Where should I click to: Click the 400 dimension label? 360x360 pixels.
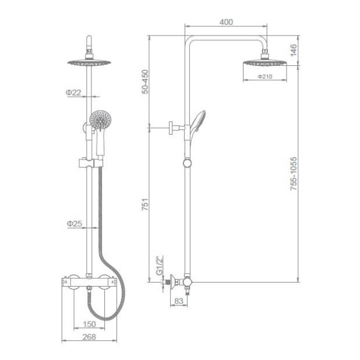coord(226,22)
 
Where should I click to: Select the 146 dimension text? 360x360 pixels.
coord(294,50)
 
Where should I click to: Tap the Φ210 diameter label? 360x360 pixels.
coord(265,76)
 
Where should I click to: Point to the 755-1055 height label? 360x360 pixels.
coord(294,174)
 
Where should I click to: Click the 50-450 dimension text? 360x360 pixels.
coord(145,82)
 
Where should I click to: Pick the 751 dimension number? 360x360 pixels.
coord(145,204)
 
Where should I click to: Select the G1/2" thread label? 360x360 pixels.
coord(159,265)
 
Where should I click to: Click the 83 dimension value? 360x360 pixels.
coord(179,301)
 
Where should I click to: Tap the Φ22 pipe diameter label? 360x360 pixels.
coord(73,92)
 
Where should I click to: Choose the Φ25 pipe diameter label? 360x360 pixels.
coord(75,224)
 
